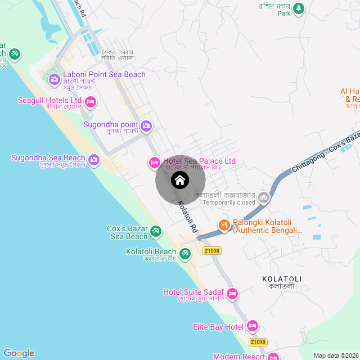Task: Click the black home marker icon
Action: [180, 180]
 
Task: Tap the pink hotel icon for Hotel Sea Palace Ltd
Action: [154, 163]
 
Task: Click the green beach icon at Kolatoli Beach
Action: [185, 253]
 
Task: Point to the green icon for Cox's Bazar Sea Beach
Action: [156, 231]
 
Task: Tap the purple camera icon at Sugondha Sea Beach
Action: [94, 160]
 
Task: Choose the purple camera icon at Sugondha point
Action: [146, 126]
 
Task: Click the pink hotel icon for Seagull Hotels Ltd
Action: [91, 102]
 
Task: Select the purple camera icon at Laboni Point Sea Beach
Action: [54, 79]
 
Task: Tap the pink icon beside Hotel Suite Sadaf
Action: [232, 293]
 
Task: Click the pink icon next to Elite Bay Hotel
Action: [253, 326]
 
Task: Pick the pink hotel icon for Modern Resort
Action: [273, 357]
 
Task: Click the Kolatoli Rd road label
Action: [188, 218]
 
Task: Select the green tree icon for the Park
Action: [299, 8]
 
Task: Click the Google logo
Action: [19, 353]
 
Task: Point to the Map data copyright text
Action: [335, 355]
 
